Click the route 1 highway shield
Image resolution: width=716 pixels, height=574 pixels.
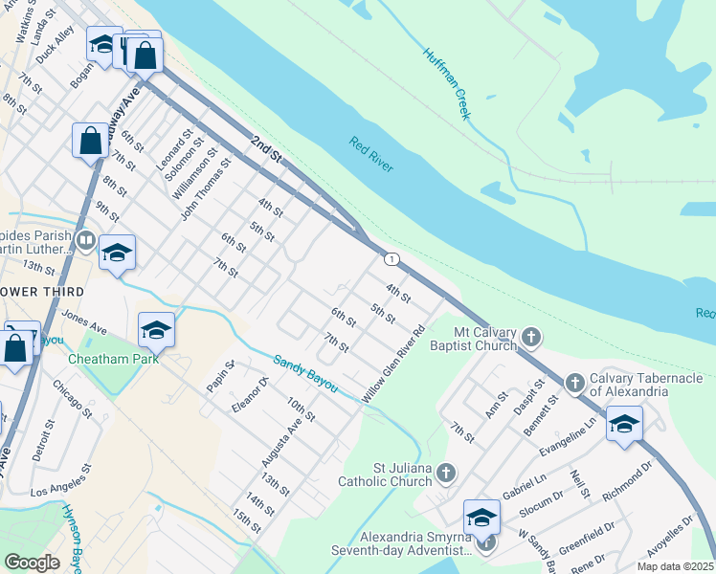point(391,259)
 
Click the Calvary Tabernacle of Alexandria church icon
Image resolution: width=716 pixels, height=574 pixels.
point(574,383)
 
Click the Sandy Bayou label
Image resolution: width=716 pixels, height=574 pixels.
point(305,374)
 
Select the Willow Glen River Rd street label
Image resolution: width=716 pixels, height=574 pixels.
point(393,365)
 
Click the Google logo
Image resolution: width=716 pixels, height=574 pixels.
point(32,562)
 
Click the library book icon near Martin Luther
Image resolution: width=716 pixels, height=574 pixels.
point(85,240)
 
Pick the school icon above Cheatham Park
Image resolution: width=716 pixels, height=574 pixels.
point(156,331)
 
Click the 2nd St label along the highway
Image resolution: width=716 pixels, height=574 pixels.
point(265,147)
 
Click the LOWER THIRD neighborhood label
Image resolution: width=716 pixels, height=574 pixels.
point(43,291)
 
